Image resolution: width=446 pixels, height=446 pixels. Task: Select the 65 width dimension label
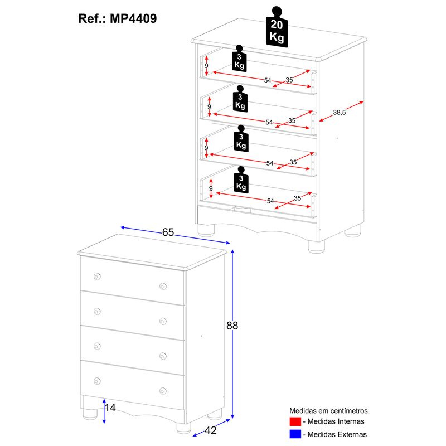click(168, 232)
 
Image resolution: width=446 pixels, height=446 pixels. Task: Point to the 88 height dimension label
click(232, 326)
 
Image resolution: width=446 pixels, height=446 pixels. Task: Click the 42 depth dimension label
click(210, 430)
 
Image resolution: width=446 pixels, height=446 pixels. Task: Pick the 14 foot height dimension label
click(110, 408)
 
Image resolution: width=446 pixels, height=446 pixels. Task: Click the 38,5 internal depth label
click(340, 113)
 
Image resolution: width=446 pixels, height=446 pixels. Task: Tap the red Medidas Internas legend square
click(295, 421)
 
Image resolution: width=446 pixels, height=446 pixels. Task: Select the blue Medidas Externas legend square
click(295, 434)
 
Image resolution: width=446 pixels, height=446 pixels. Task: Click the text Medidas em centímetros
click(329, 410)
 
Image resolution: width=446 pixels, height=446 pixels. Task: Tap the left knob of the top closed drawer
click(97, 277)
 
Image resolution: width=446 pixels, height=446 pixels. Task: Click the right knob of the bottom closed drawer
click(163, 391)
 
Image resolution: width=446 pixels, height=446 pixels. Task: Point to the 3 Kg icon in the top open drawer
click(239, 59)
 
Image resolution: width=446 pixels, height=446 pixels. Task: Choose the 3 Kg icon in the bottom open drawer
click(240, 181)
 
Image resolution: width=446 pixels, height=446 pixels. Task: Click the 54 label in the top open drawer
click(268, 81)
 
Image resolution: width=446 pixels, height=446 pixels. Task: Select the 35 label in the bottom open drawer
click(297, 198)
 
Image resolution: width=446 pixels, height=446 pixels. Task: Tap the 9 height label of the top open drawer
click(206, 66)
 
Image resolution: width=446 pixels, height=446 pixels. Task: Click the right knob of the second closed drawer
click(163, 321)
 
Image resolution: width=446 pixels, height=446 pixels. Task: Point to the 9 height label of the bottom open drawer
click(210, 189)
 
